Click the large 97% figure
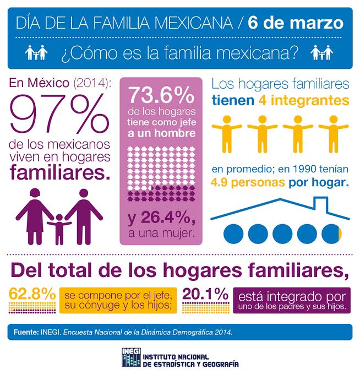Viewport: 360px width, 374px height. coord(59,113)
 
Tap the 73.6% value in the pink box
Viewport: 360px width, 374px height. coord(161,95)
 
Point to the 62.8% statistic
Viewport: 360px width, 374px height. coord(32,294)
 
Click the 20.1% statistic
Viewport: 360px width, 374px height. coord(205,294)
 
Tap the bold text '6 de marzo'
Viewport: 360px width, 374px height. coord(296,23)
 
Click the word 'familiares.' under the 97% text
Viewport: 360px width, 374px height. coord(60,172)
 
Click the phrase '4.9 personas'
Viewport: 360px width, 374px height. coord(248,183)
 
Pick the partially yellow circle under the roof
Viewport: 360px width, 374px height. coord(331,234)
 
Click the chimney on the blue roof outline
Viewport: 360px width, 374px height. coord(321,204)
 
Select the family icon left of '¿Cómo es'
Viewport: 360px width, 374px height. coord(36,52)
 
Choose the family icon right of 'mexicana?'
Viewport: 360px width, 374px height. coord(322,52)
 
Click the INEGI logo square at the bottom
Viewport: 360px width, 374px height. coord(131,357)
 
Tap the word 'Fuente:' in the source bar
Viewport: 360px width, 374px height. coord(26,332)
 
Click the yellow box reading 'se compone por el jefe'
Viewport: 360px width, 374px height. coord(118,300)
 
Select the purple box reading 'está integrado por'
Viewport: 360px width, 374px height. coord(292,300)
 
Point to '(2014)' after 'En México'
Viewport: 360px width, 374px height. coord(92,83)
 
